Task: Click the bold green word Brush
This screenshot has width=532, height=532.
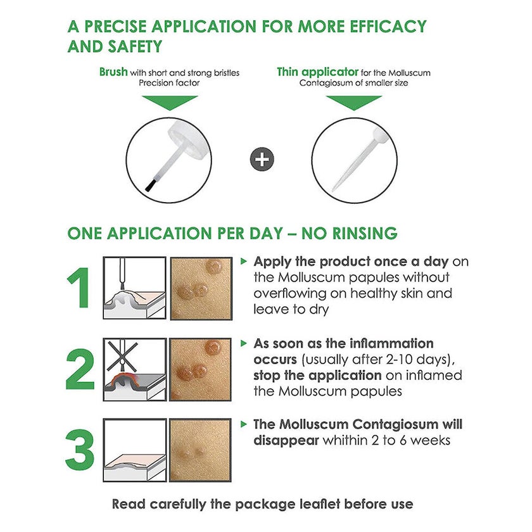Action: pyautogui.click(x=113, y=72)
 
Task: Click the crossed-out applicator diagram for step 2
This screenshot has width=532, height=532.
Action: pyautogui.click(x=135, y=369)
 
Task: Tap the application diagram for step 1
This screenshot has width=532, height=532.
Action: pyautogui.click(x=135, y=288)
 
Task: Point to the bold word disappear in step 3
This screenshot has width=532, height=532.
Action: pyautogui.click(x=286, y=440)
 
